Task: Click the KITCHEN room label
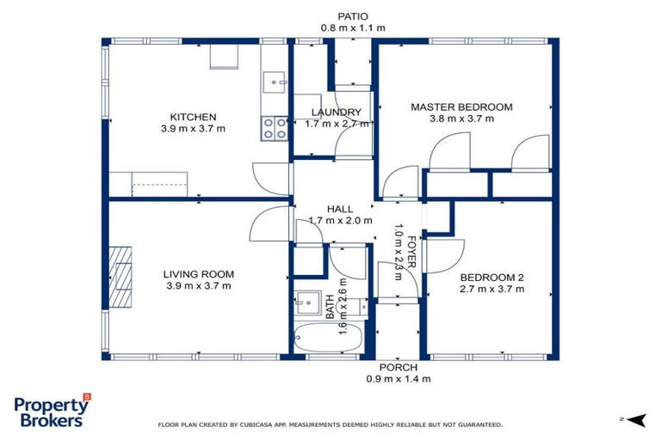click(x=193, y=117)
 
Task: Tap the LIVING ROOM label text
click(x=199, y=274)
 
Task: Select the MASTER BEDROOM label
click(x=461, y=107)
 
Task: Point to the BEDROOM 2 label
click(x=492, y=278)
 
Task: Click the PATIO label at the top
click(x=353, y=16)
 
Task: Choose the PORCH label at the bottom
click(x=398, y=368)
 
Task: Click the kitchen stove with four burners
click(x=275, y=128)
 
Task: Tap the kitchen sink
click(x=275, y=82)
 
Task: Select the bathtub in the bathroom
click(x=329, y=338)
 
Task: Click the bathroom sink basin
click(x=308, y=302)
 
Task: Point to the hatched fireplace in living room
click(x=120, y=277)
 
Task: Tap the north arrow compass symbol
click(x=635, y=419)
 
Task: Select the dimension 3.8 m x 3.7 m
click(x=461, y=119)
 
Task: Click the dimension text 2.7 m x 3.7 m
click(x=492, y=290)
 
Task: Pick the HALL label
click(x=340, y=210)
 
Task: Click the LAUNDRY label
click(x=337, y=113)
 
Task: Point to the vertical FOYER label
click(x=412, y=252)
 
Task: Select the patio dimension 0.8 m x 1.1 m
click(x=353, y=28)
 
